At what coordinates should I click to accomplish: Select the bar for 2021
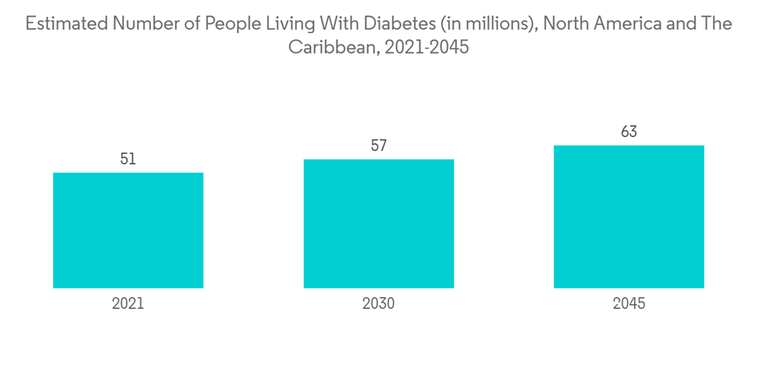coord(128,230)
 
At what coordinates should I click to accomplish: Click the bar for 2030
coord(378,224)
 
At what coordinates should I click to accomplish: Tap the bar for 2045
coord(629,217)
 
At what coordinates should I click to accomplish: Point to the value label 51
coord(128,159)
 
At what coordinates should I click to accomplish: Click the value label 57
coord(378,146)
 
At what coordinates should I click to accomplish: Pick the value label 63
coord(629,132)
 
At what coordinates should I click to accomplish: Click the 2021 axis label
coord(128,304)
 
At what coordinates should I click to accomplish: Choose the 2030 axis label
coord(378,304)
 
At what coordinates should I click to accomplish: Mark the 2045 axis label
coord(629,304)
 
